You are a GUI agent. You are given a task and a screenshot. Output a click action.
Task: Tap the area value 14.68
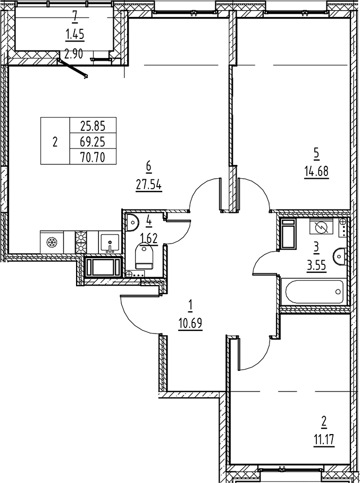click(x=316, y=172)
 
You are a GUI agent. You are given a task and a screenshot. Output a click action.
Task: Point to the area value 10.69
click(x=190, y=323)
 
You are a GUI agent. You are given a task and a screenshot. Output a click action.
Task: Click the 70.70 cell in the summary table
click(x=93, y=157)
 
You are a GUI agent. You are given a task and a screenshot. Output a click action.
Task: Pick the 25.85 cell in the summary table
click(x=93, y=127)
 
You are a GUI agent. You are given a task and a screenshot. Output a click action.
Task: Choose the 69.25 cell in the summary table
click(x=93, y=142)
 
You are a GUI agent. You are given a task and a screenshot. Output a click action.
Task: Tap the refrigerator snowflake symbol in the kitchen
click(x=52, y=243)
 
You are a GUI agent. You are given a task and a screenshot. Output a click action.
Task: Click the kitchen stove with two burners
click(x=81, y=242)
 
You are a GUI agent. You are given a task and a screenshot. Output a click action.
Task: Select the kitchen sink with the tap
click(x=111, y=243)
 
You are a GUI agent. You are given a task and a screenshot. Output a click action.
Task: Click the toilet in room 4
click(x=144, y=256)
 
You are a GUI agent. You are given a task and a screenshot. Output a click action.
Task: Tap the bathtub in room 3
click(x=314, y=291)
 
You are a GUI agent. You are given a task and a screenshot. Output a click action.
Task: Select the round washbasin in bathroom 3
click(x=339, y=257)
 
